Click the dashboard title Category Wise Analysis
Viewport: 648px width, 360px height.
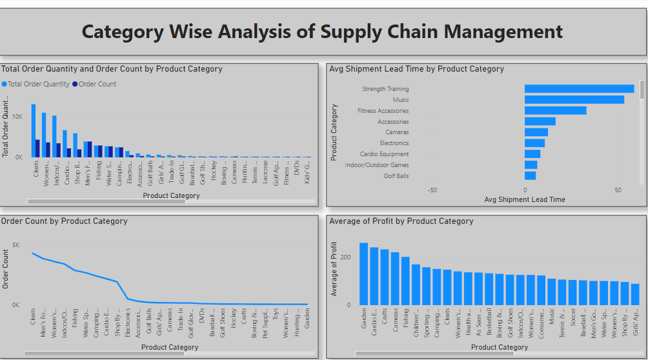click(x=322, y=31)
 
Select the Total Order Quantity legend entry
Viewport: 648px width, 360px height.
click(x=38, y=84)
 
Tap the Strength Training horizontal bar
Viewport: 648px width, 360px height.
click(x=579, y=89)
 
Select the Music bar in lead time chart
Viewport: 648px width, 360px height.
click(x=574, y=100)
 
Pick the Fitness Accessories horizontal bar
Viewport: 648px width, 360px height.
click(x=555, y=110)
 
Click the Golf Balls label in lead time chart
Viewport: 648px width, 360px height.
click(x=396, y=175)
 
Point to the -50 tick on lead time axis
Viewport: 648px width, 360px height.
click(x=432, y=190)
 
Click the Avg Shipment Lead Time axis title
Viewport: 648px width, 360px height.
click(x=524, y=200)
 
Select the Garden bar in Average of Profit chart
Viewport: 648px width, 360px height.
click(x=363, y=274)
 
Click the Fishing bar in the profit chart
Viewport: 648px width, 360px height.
click(x=405, y=281)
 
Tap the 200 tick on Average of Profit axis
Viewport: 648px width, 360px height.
click(x=347, y=257)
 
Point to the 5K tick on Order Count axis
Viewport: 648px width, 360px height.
click(x=15, y=245)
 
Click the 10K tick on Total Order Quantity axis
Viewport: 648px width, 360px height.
click(x=17, y=117)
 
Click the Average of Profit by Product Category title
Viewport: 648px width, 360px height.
click(x=401, y=221)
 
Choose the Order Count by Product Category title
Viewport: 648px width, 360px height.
click(x=65, y=221)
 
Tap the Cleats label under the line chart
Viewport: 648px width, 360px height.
click(x=33, y=315)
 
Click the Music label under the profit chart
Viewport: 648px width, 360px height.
click(x=552, y=315)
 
